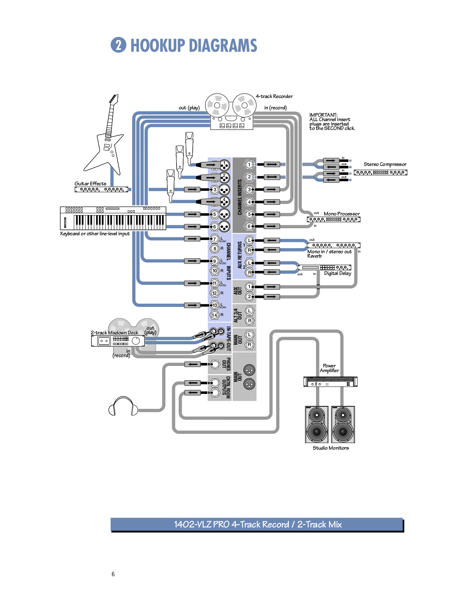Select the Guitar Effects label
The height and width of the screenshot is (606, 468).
(90, 184)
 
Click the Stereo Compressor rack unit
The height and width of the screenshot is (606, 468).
(380, 173)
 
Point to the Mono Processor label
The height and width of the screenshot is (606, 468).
(341, 214)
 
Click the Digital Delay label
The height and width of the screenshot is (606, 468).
(337, 273)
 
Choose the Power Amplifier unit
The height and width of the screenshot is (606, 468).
(330, 382)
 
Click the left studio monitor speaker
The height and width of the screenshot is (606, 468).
(316, 424)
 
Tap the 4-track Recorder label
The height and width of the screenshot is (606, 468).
(274, 97)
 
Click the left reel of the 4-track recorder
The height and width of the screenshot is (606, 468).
(217, 105)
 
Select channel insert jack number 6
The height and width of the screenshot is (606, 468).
(249, 226)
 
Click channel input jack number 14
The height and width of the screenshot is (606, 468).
(215, 315)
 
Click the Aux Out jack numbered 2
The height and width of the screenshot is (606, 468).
(249, 297)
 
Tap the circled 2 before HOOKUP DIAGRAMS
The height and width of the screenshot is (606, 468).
(118, 45)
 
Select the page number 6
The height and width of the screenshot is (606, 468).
(113, 574)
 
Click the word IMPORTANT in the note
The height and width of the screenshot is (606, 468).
(323, 115)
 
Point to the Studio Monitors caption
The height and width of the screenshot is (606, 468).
(330, 448)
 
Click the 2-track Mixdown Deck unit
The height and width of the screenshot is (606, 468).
(118, 341)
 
